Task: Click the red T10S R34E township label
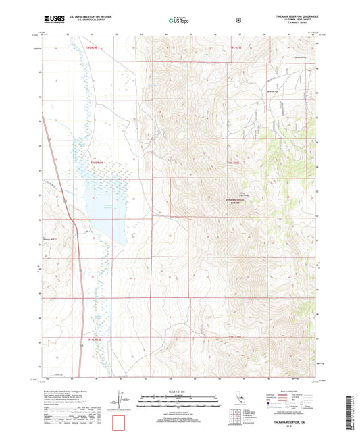(x=98, y=163)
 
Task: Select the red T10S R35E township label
(x=232, y=163)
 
